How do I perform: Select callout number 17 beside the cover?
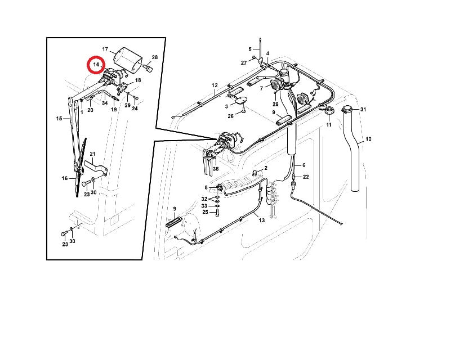[105, 49]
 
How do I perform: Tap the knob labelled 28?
[150, 69]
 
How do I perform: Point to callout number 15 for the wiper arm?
[59, 119]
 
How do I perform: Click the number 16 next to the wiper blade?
[65, 178]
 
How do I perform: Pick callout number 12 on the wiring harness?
[215, 85]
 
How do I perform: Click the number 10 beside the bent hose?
[368, 139]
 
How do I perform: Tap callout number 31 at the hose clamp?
[363, 109]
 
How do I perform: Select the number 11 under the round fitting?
[329, 125]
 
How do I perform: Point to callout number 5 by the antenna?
[250, 49]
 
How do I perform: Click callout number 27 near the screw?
[244, 62]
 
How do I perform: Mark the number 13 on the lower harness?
[262, 220]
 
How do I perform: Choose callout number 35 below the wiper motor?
[216, 169]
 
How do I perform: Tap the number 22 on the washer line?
[306, 177]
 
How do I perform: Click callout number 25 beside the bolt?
[205, 212]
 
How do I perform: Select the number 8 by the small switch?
[206, 187]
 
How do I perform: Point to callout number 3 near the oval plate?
[226, 106]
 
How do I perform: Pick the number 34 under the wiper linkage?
[105, 103]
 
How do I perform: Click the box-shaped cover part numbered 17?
[127, 60]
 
